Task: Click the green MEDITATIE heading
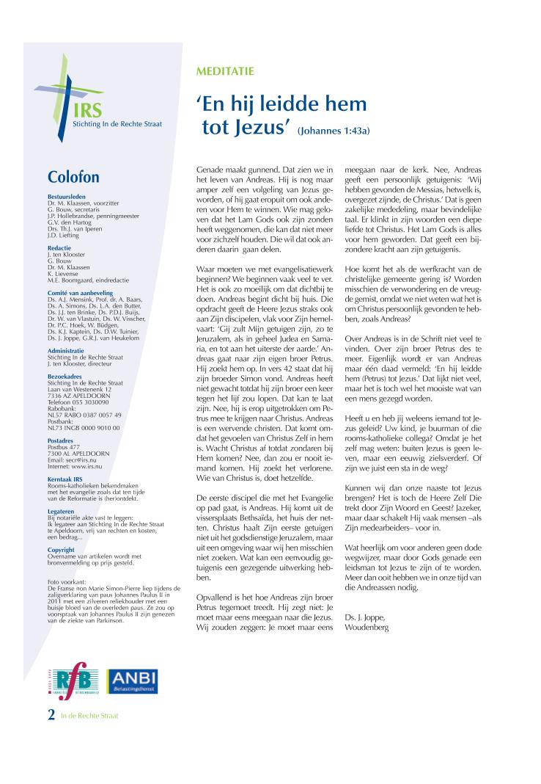[225, 71]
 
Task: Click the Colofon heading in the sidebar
[73, 177]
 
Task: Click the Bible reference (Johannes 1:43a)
[334, 131]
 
